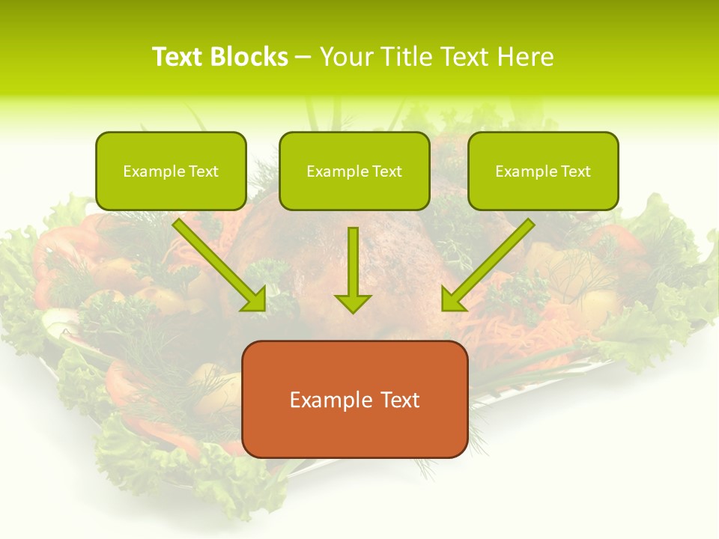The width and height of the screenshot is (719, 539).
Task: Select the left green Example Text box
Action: tap(171, 171)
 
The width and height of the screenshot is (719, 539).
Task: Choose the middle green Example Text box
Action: tap(354, 171)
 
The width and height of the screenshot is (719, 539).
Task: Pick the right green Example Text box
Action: tap(543, 171)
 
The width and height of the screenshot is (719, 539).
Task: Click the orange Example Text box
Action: tap(355, 399)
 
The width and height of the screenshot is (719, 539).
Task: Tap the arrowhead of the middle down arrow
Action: tap(353, 302)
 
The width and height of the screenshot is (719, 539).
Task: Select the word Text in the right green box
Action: tap(575, 171)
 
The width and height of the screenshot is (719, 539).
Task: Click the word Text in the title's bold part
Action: tap(178, 57)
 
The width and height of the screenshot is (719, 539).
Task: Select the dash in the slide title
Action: tap(303, 57)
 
